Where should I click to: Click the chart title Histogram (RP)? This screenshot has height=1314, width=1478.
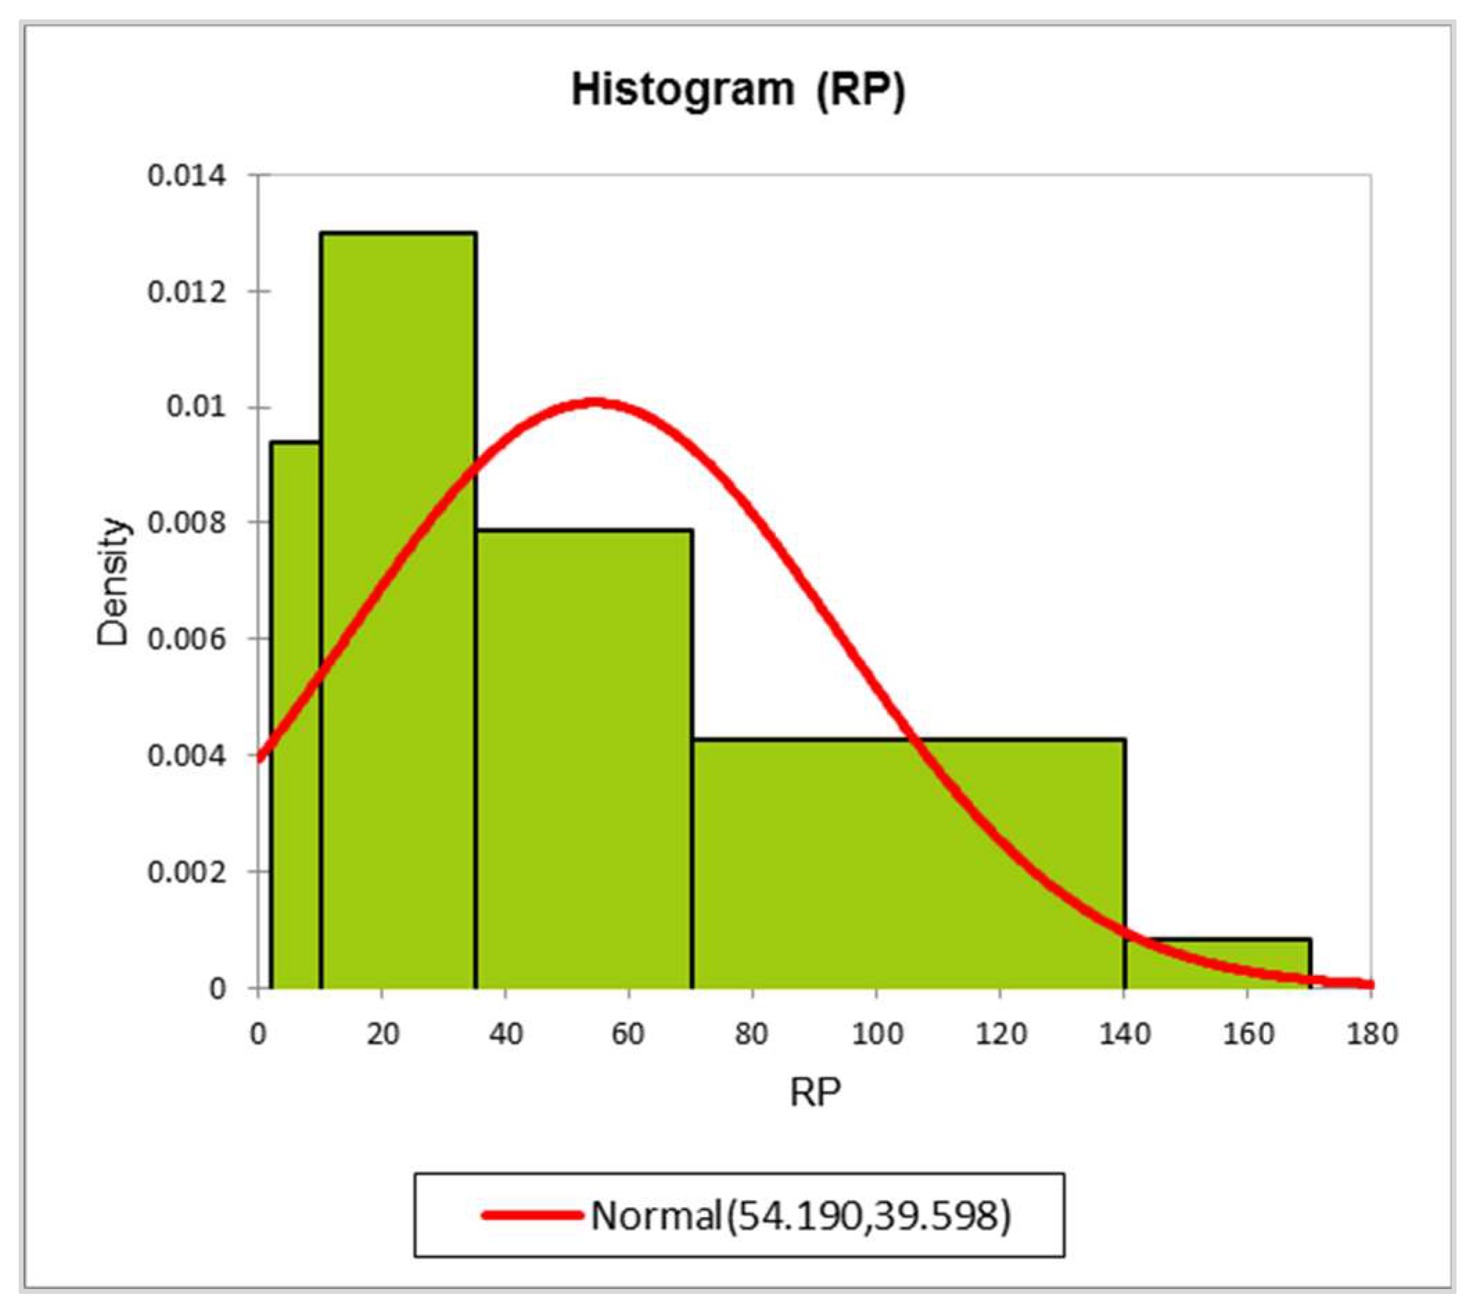tap(738, 91)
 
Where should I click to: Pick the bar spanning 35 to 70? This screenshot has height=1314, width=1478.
tap(584, 759)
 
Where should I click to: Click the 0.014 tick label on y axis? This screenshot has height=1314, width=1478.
tap(186, 176)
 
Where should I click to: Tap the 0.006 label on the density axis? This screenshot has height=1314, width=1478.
tap(186, 639)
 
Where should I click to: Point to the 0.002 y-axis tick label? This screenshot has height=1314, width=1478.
tap(186, 871)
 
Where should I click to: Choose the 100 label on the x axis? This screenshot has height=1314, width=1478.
tap(877, 1034)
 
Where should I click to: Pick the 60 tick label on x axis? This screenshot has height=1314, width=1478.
tap(628, 1034)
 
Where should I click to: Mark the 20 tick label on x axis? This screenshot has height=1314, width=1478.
tap(382, 1034)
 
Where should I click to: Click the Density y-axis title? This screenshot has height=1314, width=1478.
tap(114, 581)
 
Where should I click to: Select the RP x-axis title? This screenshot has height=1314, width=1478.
tap(815, 1092)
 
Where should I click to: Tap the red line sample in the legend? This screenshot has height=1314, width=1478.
tap(532, 1215)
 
